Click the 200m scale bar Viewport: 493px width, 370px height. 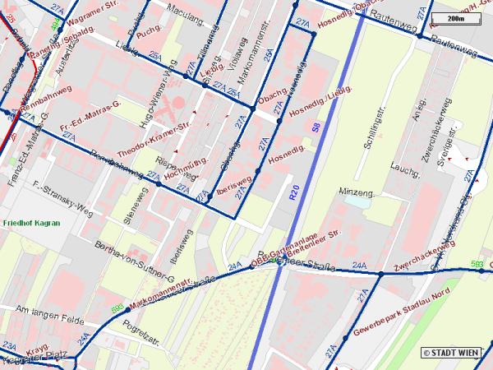click(455, 16)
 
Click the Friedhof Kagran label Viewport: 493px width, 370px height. click(31, 223)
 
